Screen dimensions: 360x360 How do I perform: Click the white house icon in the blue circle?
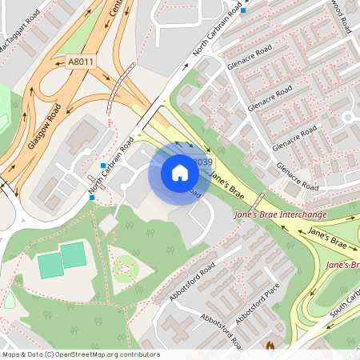click(180, 173)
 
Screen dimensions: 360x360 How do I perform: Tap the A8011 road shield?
click(81, 62)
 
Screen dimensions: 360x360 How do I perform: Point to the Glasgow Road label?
click(44, 126)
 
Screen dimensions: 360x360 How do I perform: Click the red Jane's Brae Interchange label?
click(281, 214)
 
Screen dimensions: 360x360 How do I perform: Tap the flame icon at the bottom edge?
click(270, 347)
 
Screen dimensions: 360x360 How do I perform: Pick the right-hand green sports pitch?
click(73, 255)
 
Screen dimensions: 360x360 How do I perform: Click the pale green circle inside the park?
click(122, 272)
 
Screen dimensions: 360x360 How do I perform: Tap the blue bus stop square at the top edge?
click(243, 10)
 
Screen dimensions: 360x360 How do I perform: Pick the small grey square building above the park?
click(107, 225)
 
